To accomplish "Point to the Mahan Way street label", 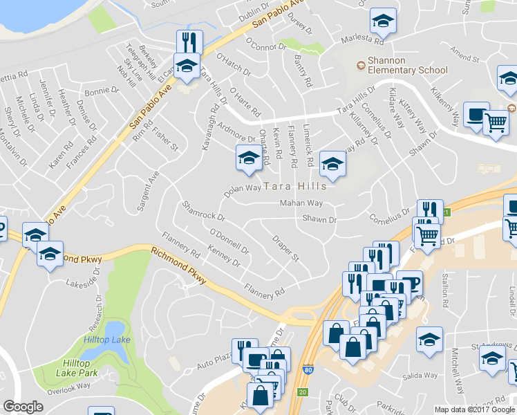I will (301, 203).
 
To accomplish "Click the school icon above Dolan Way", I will (249, 158).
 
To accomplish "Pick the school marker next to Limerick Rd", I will (332, 164).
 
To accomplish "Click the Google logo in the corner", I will (23, 407).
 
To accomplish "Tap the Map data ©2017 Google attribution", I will (476, 409).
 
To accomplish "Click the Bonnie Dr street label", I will (102, 91).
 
